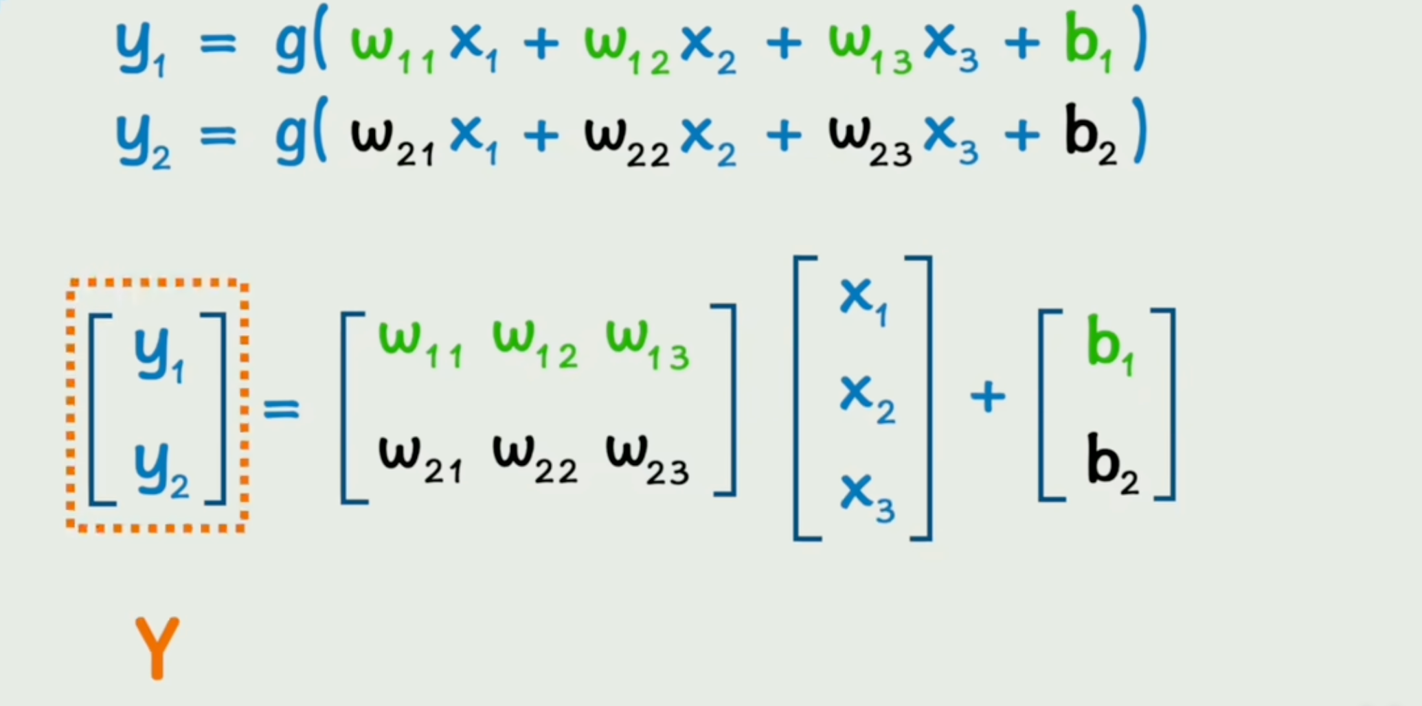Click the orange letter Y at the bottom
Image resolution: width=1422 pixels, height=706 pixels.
click(157, 648)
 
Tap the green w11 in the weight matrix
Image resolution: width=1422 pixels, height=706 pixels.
click(420, 343)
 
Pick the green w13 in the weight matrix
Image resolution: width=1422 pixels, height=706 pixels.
click(646, 343)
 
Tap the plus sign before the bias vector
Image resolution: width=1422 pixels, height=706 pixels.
click(987, 397)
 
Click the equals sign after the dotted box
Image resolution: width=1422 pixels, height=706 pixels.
click(282, 409)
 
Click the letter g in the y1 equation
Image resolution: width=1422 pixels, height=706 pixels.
click(290, 47)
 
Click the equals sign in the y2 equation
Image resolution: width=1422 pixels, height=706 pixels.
click(218, 135)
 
